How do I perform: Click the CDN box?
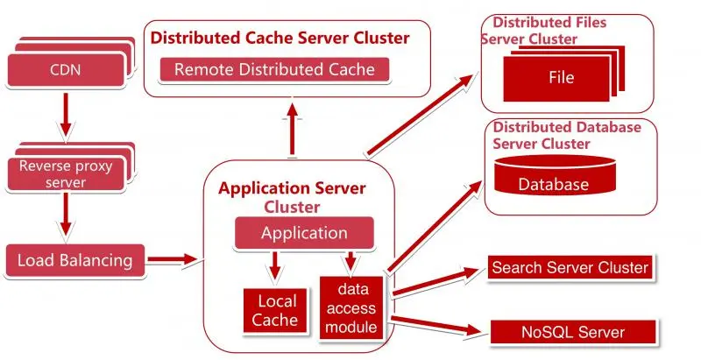(x=65, y=67)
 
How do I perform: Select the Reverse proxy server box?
(x=65, y=173)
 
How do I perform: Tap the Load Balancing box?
(x=74, y=259)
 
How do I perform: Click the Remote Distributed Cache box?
(x=274, y=69)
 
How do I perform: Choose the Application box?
(x=304, y=233)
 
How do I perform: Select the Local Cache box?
(x=275, y=309)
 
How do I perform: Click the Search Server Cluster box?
(x=570, y=267)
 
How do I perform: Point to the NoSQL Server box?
(x=573, y=332)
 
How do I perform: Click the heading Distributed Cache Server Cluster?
(x=280, y=38)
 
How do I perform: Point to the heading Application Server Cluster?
(x=292, y=196)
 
